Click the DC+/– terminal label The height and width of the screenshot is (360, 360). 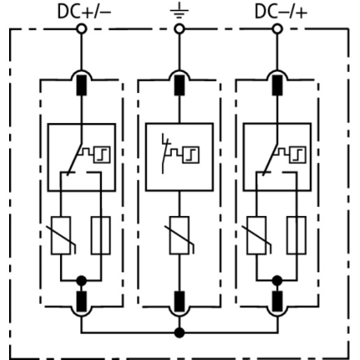click(84, 12)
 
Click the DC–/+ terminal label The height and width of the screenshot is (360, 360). click(281, 12)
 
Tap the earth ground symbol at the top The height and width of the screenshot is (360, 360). click(179, 10)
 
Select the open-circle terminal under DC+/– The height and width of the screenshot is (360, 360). click(82, 29)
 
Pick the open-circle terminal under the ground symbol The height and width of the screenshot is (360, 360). click(180, 29)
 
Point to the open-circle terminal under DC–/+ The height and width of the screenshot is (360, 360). click(278, 29)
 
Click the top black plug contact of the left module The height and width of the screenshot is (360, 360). click(82, 85)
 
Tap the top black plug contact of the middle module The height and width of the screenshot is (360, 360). click(180, 85)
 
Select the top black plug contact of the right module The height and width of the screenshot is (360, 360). click(278, 85)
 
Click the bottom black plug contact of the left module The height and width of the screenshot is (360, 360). click(82, 301)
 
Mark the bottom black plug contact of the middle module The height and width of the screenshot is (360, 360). click(180, 301)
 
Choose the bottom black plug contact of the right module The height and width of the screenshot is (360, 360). click(278, 301)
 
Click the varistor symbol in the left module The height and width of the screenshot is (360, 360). click(61, 236)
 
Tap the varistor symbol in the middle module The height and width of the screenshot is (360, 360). click(180, 236)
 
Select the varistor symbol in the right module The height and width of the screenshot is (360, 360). click(257, 236)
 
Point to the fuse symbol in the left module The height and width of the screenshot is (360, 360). click(101, 236)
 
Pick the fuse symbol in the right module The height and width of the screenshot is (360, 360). click(296, 236)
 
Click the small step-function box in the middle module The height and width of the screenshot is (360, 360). click(191, 155)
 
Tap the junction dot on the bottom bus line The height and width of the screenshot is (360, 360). click(180, 333)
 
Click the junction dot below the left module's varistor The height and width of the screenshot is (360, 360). click(82, 280)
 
